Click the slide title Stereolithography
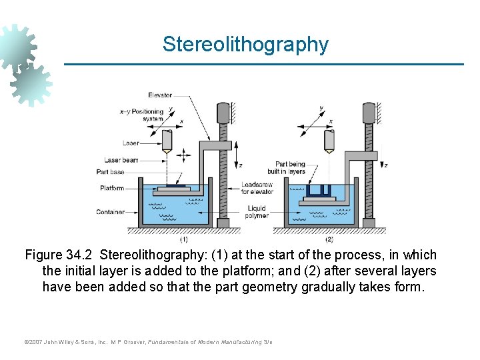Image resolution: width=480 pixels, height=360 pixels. tap(245, 45)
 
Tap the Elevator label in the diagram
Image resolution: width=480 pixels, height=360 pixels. tap(160, 95)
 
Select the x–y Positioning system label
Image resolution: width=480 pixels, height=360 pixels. tap(141, 115)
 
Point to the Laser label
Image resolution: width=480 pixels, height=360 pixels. tap(131, 143)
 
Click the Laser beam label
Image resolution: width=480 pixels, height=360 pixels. tap(121, 160)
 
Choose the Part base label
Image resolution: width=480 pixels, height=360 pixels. tap(110, 172)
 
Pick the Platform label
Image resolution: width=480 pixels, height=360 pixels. tap(112, 188)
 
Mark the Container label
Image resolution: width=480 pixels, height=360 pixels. tap(110, 212)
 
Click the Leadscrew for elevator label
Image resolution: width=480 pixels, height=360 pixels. tap(257, 188)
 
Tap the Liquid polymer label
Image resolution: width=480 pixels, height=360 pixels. tap(257, 212)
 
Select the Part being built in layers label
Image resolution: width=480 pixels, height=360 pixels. tap(290, 167)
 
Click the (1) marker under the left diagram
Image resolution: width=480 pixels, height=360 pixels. tap(183, 239)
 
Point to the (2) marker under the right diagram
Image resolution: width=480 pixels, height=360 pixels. tap(329, 239)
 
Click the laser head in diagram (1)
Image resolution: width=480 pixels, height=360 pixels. tap(167, 140)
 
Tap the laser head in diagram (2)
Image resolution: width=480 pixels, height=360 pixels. tap(329, 140)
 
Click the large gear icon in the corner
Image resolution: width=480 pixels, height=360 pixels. tap(17, 47)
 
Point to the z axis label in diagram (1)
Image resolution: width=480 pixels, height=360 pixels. tap(241, 165)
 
